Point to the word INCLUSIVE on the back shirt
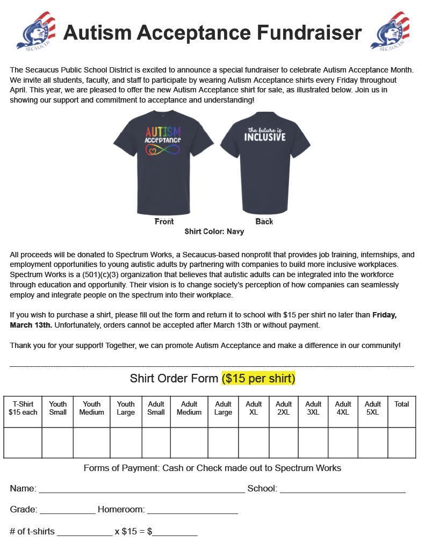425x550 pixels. pyautogui.click(x=265, y=137)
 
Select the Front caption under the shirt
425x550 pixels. pyautogui.click(x=164, y=221)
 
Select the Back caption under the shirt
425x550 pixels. pyautogui.click(x=264, y=221)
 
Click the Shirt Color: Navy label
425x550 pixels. pyautogui.click(x=214, y=231)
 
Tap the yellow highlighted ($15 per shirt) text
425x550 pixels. pyautogui.click(x=258, y=378)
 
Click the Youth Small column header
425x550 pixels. pyautogui.click(x=57, y=408)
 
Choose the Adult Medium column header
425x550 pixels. pyautogui.click(x=189, y=408)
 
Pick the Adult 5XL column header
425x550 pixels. pyautogui.click(x=372, y=408)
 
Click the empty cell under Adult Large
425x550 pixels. pyautogui.click(x=223, y=443)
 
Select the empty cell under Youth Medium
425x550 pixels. pyautogui.click(x=91, y=443)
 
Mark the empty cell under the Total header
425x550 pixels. pyautogui.click(x=401, y=443)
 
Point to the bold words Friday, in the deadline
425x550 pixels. pyautogui.click(x=384, y=315)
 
